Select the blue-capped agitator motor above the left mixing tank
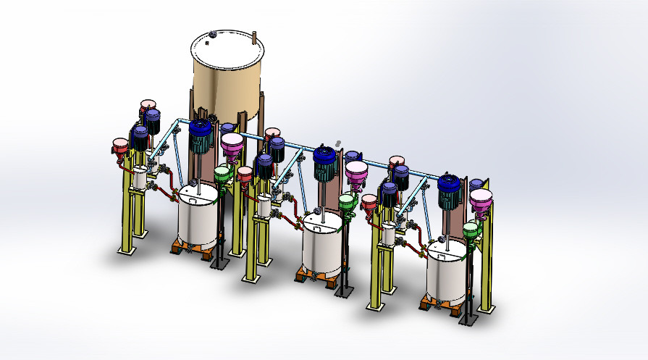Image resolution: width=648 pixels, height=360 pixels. click(x=200, y=135)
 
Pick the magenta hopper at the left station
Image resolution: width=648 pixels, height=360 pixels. click(x=233, y=145)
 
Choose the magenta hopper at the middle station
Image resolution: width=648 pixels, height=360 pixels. click(x=356, y=173)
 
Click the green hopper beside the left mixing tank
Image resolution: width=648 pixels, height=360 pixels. click(x=223, y=175)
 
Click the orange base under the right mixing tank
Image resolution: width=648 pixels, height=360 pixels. click(x=443, y=306)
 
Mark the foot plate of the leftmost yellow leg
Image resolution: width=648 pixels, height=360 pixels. click(x=127, y=251)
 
